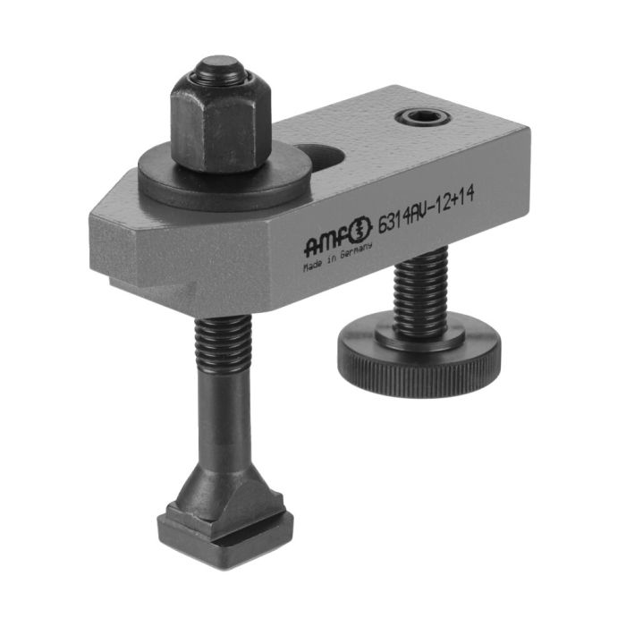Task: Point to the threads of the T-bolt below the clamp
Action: [217, 340]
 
